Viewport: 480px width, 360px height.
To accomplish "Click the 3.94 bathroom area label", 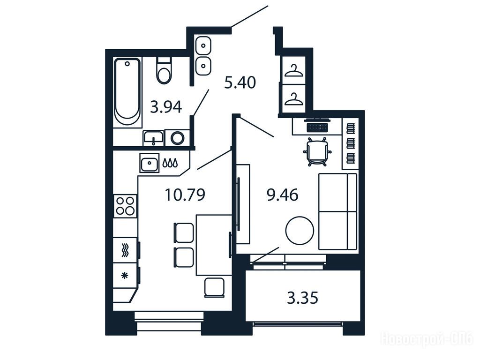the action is pyautogui.click(x=166, y=107).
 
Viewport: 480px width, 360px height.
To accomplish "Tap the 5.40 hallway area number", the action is pyautogui.click(x=240, y=82).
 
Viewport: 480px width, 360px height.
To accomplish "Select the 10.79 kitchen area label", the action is pyautogui.click(x=185, y=195).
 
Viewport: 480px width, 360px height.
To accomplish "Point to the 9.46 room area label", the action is pyautogui.click(x=283, y=195).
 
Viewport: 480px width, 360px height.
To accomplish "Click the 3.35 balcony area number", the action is pyautogui.click(x=302, y=298).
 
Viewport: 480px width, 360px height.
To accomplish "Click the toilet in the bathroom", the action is pyautogui.click(x=164, y=70).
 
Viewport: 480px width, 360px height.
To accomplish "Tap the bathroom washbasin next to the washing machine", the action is pyautogui.click(x=153, y=138).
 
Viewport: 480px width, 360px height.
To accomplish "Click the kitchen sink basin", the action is pyautogui.click(x=150, y=163).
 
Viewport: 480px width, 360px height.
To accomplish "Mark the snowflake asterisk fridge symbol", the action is pyautogui.click(x=125, y=276).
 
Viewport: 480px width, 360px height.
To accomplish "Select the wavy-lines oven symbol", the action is pyautogui.click(x=125, y=250).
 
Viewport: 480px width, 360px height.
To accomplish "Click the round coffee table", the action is pyautogui.click(x=300, y=231).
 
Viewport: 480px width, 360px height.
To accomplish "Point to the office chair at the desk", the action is pyautogui.click(x=317, y=152).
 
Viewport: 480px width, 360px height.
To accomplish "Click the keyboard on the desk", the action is pyautogui.click(x=317, y=127).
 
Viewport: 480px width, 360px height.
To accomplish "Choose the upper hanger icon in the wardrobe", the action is pyautogui.click(x=294, y=71).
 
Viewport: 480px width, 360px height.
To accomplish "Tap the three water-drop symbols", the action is pyautogui.click(x=170, y=163).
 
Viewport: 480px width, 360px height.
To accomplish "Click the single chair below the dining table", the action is pyautogui.click(x=214, y=288).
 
